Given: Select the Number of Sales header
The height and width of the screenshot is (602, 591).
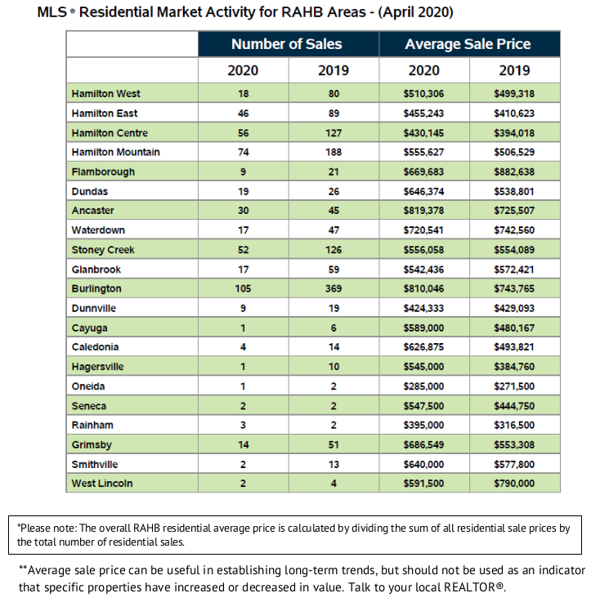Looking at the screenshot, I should (x=286, y=44).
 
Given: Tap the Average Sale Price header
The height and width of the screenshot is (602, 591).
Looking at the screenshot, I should (x=468, y=44).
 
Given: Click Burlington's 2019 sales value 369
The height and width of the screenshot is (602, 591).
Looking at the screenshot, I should (x=334, y=288).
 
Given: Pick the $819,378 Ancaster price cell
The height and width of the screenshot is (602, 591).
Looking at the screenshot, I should (x=423, y=211).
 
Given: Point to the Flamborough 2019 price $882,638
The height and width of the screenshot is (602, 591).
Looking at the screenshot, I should (x=514, y=172).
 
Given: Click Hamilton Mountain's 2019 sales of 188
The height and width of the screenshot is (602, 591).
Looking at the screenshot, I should (x=334, y=152).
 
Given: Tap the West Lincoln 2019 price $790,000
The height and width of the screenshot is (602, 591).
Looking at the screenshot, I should (x=514, y=483).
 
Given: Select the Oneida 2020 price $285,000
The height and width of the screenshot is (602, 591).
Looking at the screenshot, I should (x=423, y=386).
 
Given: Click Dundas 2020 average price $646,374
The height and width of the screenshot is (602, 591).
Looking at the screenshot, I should (x=423, y=191).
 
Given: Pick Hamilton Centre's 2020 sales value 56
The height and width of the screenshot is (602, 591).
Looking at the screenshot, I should (x=243, y=133).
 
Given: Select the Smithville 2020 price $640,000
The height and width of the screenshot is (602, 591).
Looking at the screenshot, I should (x=423, y=464).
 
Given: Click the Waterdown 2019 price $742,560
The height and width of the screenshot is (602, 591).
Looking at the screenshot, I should (x=514, y=230).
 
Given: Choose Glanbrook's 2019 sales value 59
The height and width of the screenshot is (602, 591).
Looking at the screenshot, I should (x=334, y=269).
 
